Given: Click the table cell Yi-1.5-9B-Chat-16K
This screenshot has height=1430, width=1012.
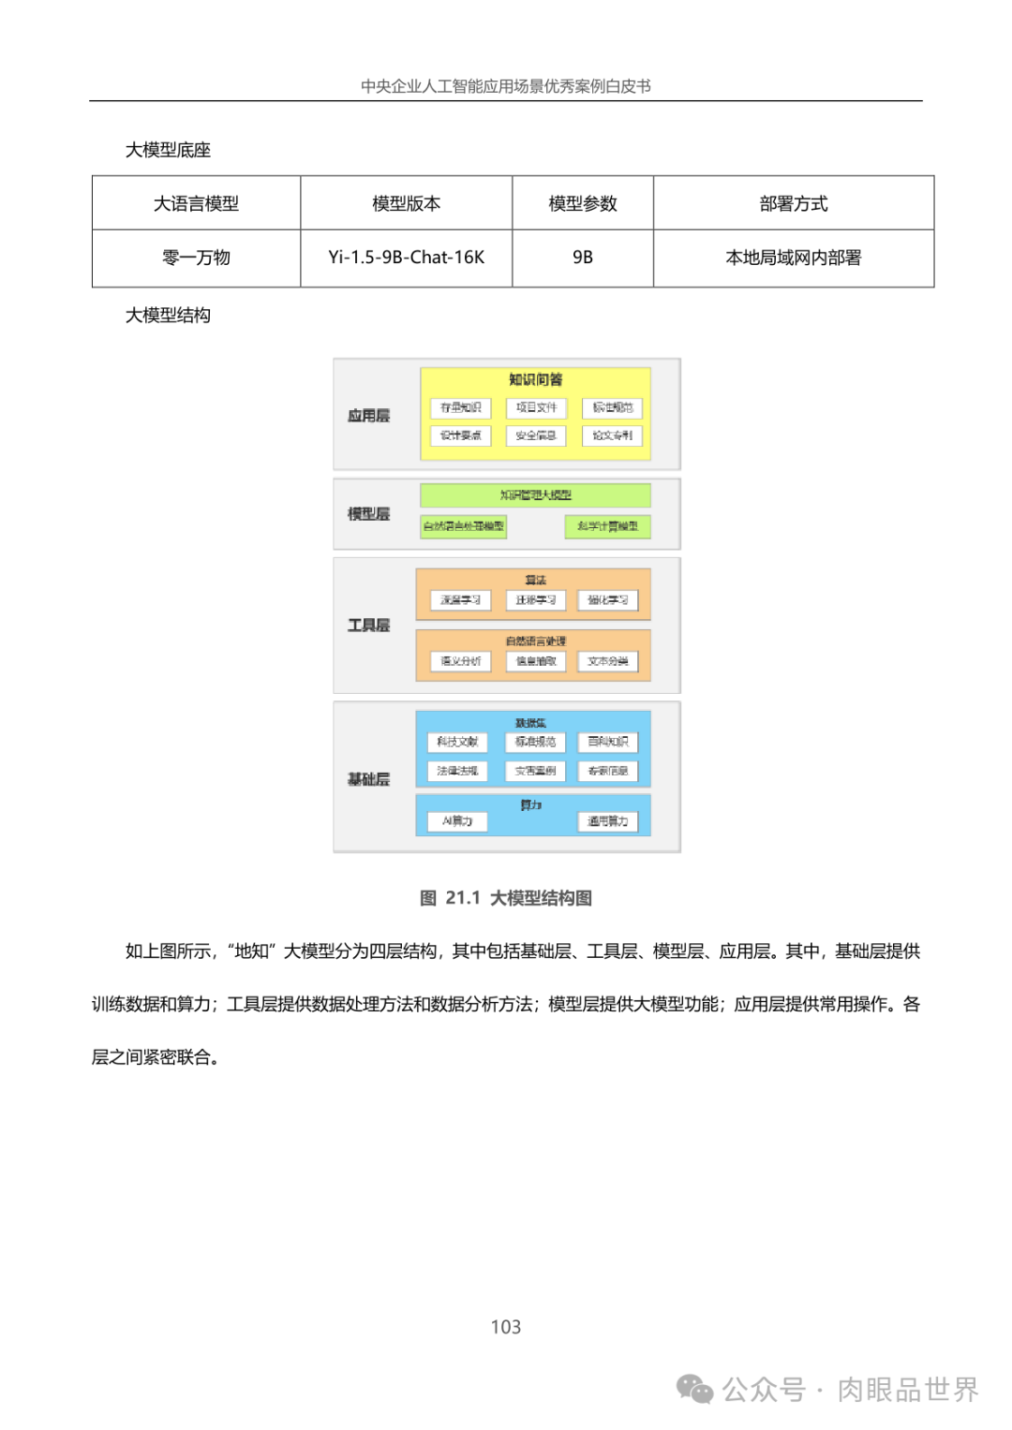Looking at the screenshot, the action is (406, 258).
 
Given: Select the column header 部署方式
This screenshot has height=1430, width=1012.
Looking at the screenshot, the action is (793, 203).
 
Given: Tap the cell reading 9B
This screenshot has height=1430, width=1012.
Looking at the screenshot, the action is (582, 258).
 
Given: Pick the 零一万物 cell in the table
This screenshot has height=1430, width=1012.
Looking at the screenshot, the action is (196, 258).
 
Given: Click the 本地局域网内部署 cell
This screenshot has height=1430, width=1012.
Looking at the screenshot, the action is (793, 258).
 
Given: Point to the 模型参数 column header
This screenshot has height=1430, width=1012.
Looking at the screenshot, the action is (582, 203).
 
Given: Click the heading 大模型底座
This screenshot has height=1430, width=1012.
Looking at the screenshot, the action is (168, 150).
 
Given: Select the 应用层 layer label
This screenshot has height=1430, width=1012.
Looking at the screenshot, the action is (368, 416).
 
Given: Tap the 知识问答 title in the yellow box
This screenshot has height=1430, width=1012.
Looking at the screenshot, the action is (535, 379).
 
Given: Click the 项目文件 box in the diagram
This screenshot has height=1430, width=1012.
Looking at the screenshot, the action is (536, 408).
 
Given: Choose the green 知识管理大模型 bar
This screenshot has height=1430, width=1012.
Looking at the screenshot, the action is (535, 494).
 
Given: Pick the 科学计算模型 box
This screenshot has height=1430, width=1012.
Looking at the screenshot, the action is (607, 526).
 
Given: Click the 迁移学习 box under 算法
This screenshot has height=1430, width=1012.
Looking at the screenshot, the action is (535, 600).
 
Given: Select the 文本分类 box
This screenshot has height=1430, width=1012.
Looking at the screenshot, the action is (607, 661).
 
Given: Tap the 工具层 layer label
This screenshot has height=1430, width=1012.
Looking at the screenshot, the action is (368, 626).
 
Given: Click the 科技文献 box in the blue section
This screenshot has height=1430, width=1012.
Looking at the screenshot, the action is (457, 742).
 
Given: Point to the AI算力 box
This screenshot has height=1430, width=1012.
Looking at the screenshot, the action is (457, 821).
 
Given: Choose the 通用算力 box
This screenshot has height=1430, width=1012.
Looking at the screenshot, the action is (607, 821).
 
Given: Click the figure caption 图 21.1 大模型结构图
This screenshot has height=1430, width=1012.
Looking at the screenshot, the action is (506, 898).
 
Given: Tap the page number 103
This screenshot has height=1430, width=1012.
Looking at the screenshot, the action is (506, 1327).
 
